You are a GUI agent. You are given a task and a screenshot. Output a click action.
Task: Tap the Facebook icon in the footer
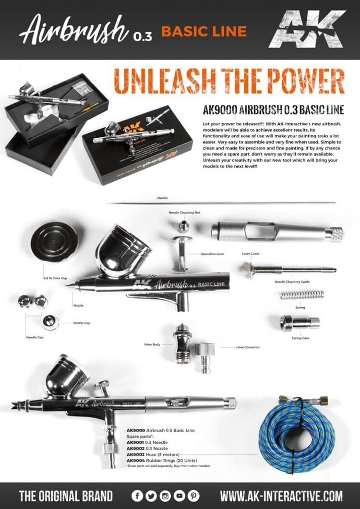(x=137, y=495)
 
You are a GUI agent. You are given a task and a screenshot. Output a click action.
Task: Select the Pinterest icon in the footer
(x=193, y=495)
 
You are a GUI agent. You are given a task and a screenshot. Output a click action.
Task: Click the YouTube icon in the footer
(x=179, y=495)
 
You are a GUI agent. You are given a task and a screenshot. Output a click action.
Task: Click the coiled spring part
(x=302, y=295)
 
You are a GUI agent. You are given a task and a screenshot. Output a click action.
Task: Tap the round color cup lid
(x=54, y=241)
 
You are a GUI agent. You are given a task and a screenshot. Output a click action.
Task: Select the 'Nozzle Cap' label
(x=82, y=323)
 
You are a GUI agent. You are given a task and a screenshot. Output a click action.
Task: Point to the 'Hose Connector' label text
(x=248, y=347)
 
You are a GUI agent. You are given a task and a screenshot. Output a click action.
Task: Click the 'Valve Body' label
(x=152, y=344)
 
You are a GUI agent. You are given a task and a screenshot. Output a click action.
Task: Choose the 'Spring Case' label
(x=300, y=338)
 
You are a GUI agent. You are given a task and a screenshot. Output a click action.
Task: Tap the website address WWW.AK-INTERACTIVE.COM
(x=281, y=496)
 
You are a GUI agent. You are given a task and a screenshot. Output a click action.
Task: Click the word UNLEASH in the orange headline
(x=159, y=82)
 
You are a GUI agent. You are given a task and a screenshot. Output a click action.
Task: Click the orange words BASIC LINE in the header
(x=204, y=32)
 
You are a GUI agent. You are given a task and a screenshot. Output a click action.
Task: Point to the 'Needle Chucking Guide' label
(x=292, y=282)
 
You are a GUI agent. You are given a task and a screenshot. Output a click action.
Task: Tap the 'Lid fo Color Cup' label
(x=55, y=278)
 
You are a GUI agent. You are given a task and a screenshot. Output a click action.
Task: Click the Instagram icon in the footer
(x=165, y=495)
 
